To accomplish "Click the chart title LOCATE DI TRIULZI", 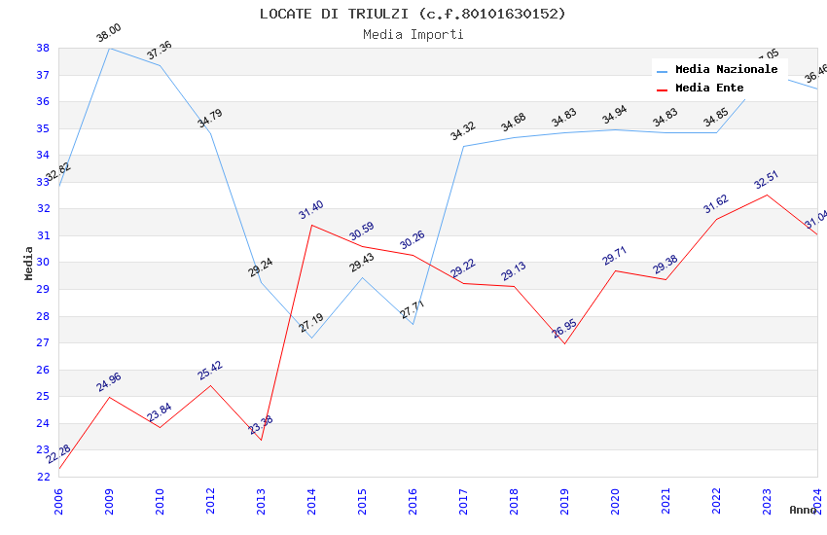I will click(413, 14).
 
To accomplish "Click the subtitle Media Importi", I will click(413, 34).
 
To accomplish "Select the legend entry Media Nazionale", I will click(726, 70).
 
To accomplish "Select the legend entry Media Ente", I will click(709, 89).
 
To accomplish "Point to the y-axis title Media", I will click(29, 263).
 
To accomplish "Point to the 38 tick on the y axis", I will click(43, 48).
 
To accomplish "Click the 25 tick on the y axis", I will click(43, 397).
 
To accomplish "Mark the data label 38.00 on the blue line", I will click(108, 34).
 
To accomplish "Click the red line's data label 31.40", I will click(310, 210).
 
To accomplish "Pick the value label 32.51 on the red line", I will click(767, 180).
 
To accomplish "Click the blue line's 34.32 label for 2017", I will click(462, 131).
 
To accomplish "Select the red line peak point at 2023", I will click(767, 195).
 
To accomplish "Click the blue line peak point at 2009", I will click(109, 48).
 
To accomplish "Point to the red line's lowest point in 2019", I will click(564, 343).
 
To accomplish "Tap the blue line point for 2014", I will click(311, 338).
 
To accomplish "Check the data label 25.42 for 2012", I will click(209, 371).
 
